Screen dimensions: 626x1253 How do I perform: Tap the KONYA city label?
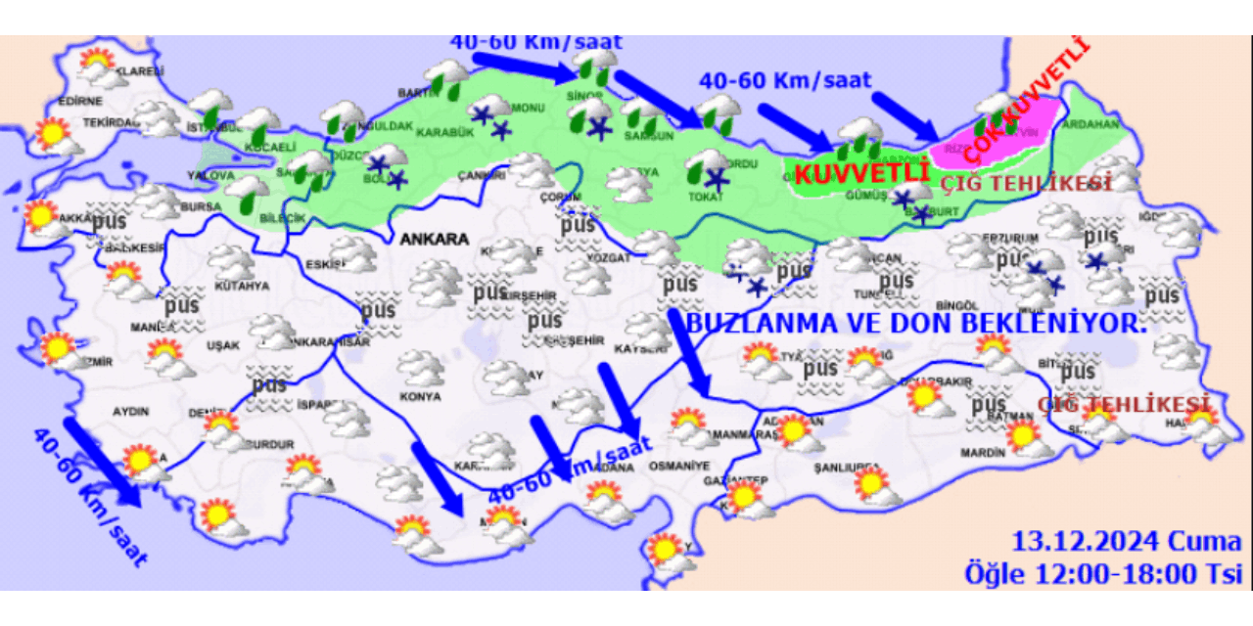[x=420, y=397]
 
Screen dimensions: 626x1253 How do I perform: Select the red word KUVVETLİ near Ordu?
[x=860, y=174]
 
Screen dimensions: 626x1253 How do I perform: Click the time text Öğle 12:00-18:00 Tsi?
[x=1102, y=573]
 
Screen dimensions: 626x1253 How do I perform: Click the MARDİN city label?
[x=984, y=453]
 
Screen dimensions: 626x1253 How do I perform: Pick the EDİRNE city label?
[x=80, y=101]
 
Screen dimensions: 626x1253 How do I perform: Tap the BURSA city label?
[x=202, y=207]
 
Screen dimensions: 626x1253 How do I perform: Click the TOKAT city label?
[x=706, y=196]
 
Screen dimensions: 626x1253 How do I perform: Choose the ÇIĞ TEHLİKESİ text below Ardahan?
[x=1027, y=183]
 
